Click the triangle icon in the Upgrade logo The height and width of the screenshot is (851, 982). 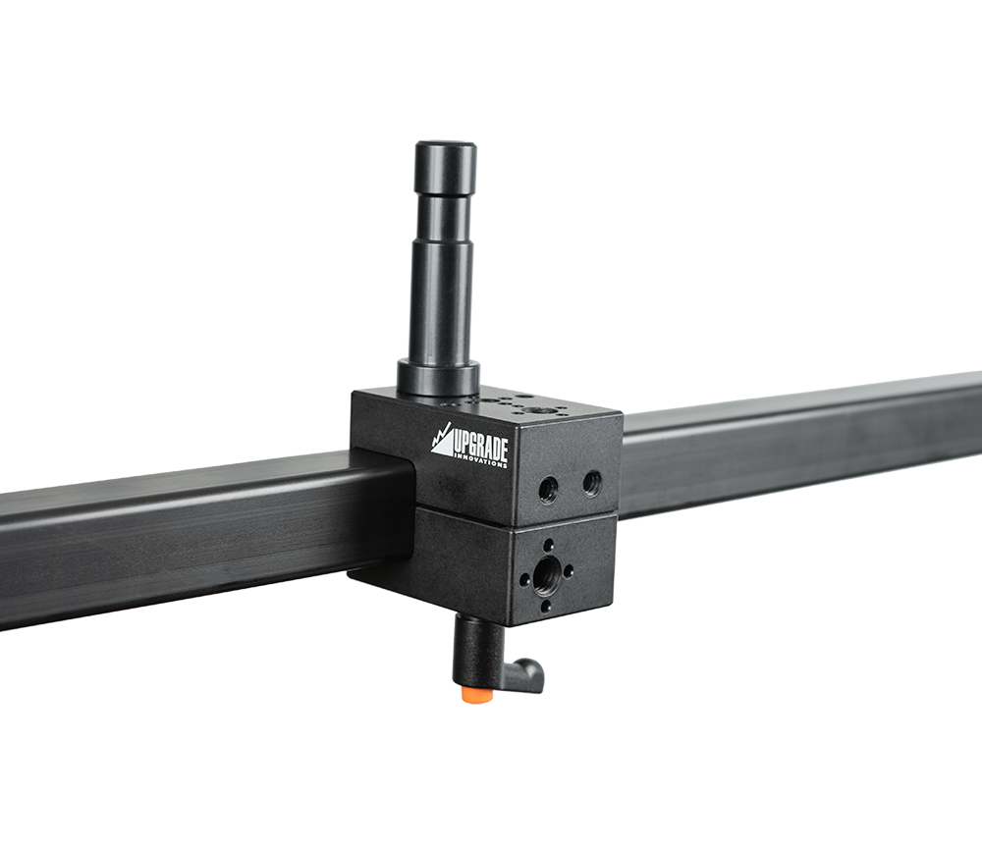point(442,441)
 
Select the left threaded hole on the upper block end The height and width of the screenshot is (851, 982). point(548,487)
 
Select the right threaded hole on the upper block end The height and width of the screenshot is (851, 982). point(591,482)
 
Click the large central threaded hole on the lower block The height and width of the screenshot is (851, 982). point(546,572)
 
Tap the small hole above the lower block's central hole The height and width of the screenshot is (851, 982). point(547,543)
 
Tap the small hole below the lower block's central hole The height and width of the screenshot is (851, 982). point(546,606)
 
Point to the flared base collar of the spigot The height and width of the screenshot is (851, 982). point(438,377)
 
